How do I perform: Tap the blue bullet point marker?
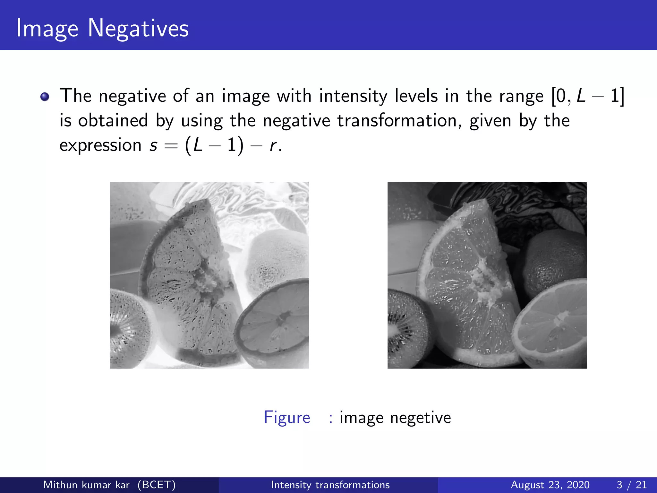pos(45,97)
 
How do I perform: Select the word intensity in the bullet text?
pos(353,96)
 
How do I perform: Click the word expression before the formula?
pos(100,145)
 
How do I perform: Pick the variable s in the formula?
pos(153,145)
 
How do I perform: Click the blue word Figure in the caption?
pos(287,418)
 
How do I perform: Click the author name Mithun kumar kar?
pos(86,485)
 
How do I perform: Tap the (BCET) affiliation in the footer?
pos(157,485)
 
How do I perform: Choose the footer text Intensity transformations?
pos(330,485)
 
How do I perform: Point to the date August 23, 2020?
pos(550,485)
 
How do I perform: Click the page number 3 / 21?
pos(631,485)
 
